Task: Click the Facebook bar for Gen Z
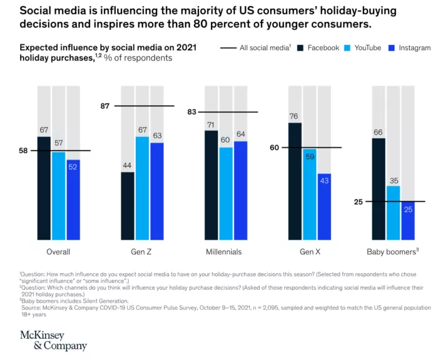click(x=128, y=207)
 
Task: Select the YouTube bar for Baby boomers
click(x=393, y=213)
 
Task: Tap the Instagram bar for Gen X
click(x=324, y=207)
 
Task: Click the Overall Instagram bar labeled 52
click(x=74, y=200)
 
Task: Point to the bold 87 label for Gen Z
click(x=104, y=106)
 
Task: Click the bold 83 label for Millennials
click(x=191, y=112)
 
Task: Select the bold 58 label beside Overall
click(x=24, y=150)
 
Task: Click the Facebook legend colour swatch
click(x=300, y=48)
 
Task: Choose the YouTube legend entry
click(x=362, y=48)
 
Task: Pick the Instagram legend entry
click(x=410, y=48)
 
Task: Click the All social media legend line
click(x=228, y=48)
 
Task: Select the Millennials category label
click(x=223, y=252)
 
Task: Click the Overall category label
click(x=58, y=252)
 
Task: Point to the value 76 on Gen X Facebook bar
click(x=295, y=116)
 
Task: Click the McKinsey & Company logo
click(x=53, y=339)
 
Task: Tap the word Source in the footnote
click(x=34, y=307)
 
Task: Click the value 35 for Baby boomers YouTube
click(x=393, y=180)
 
